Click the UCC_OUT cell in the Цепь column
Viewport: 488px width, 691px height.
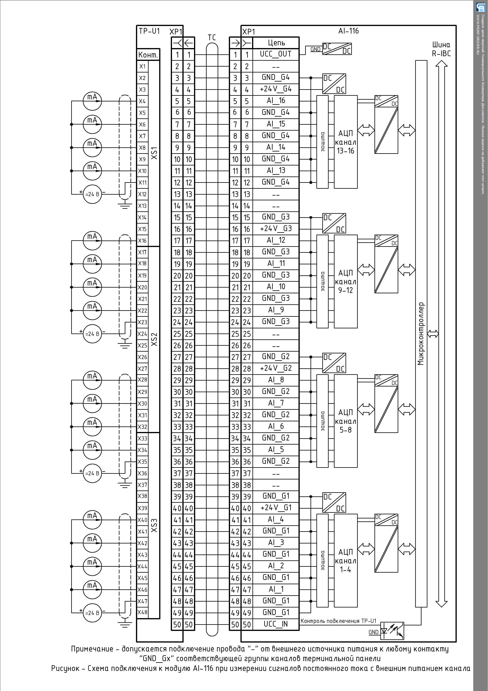[276, 55]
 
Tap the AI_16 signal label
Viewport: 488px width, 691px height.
[276, 101]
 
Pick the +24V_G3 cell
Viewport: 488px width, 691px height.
[276, 229]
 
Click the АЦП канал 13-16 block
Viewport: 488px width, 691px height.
[346, 142]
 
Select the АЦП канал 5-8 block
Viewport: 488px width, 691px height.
[346, 421]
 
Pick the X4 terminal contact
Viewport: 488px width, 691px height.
[142, 101]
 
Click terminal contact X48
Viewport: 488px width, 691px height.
[142, 612]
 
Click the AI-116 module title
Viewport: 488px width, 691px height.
[348, 31]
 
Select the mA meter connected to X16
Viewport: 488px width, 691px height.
[92, 241]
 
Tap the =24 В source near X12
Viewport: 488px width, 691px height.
[92, 194]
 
